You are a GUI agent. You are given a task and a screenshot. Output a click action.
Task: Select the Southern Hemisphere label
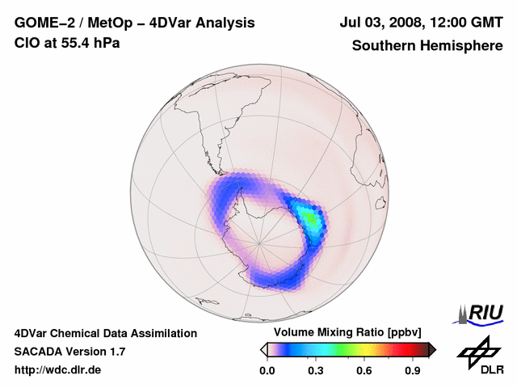(427, 46)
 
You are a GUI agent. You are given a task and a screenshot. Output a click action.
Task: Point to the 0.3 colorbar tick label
(315, 371)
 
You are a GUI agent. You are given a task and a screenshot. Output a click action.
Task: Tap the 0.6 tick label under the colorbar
(364, 371)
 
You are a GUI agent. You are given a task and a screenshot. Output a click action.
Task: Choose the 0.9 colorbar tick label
(413, 371)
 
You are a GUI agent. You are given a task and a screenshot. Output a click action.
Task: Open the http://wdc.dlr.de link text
(58, 370)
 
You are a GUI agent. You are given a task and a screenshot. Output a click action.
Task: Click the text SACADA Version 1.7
(69, 352)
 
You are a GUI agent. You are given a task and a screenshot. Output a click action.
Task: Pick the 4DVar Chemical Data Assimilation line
(105, 333)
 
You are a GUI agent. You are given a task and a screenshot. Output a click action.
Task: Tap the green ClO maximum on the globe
(307, 217)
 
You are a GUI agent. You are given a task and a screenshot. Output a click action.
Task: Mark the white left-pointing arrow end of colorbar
(263, 349)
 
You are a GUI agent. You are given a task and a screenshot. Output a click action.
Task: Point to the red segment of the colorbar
(396, 349)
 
